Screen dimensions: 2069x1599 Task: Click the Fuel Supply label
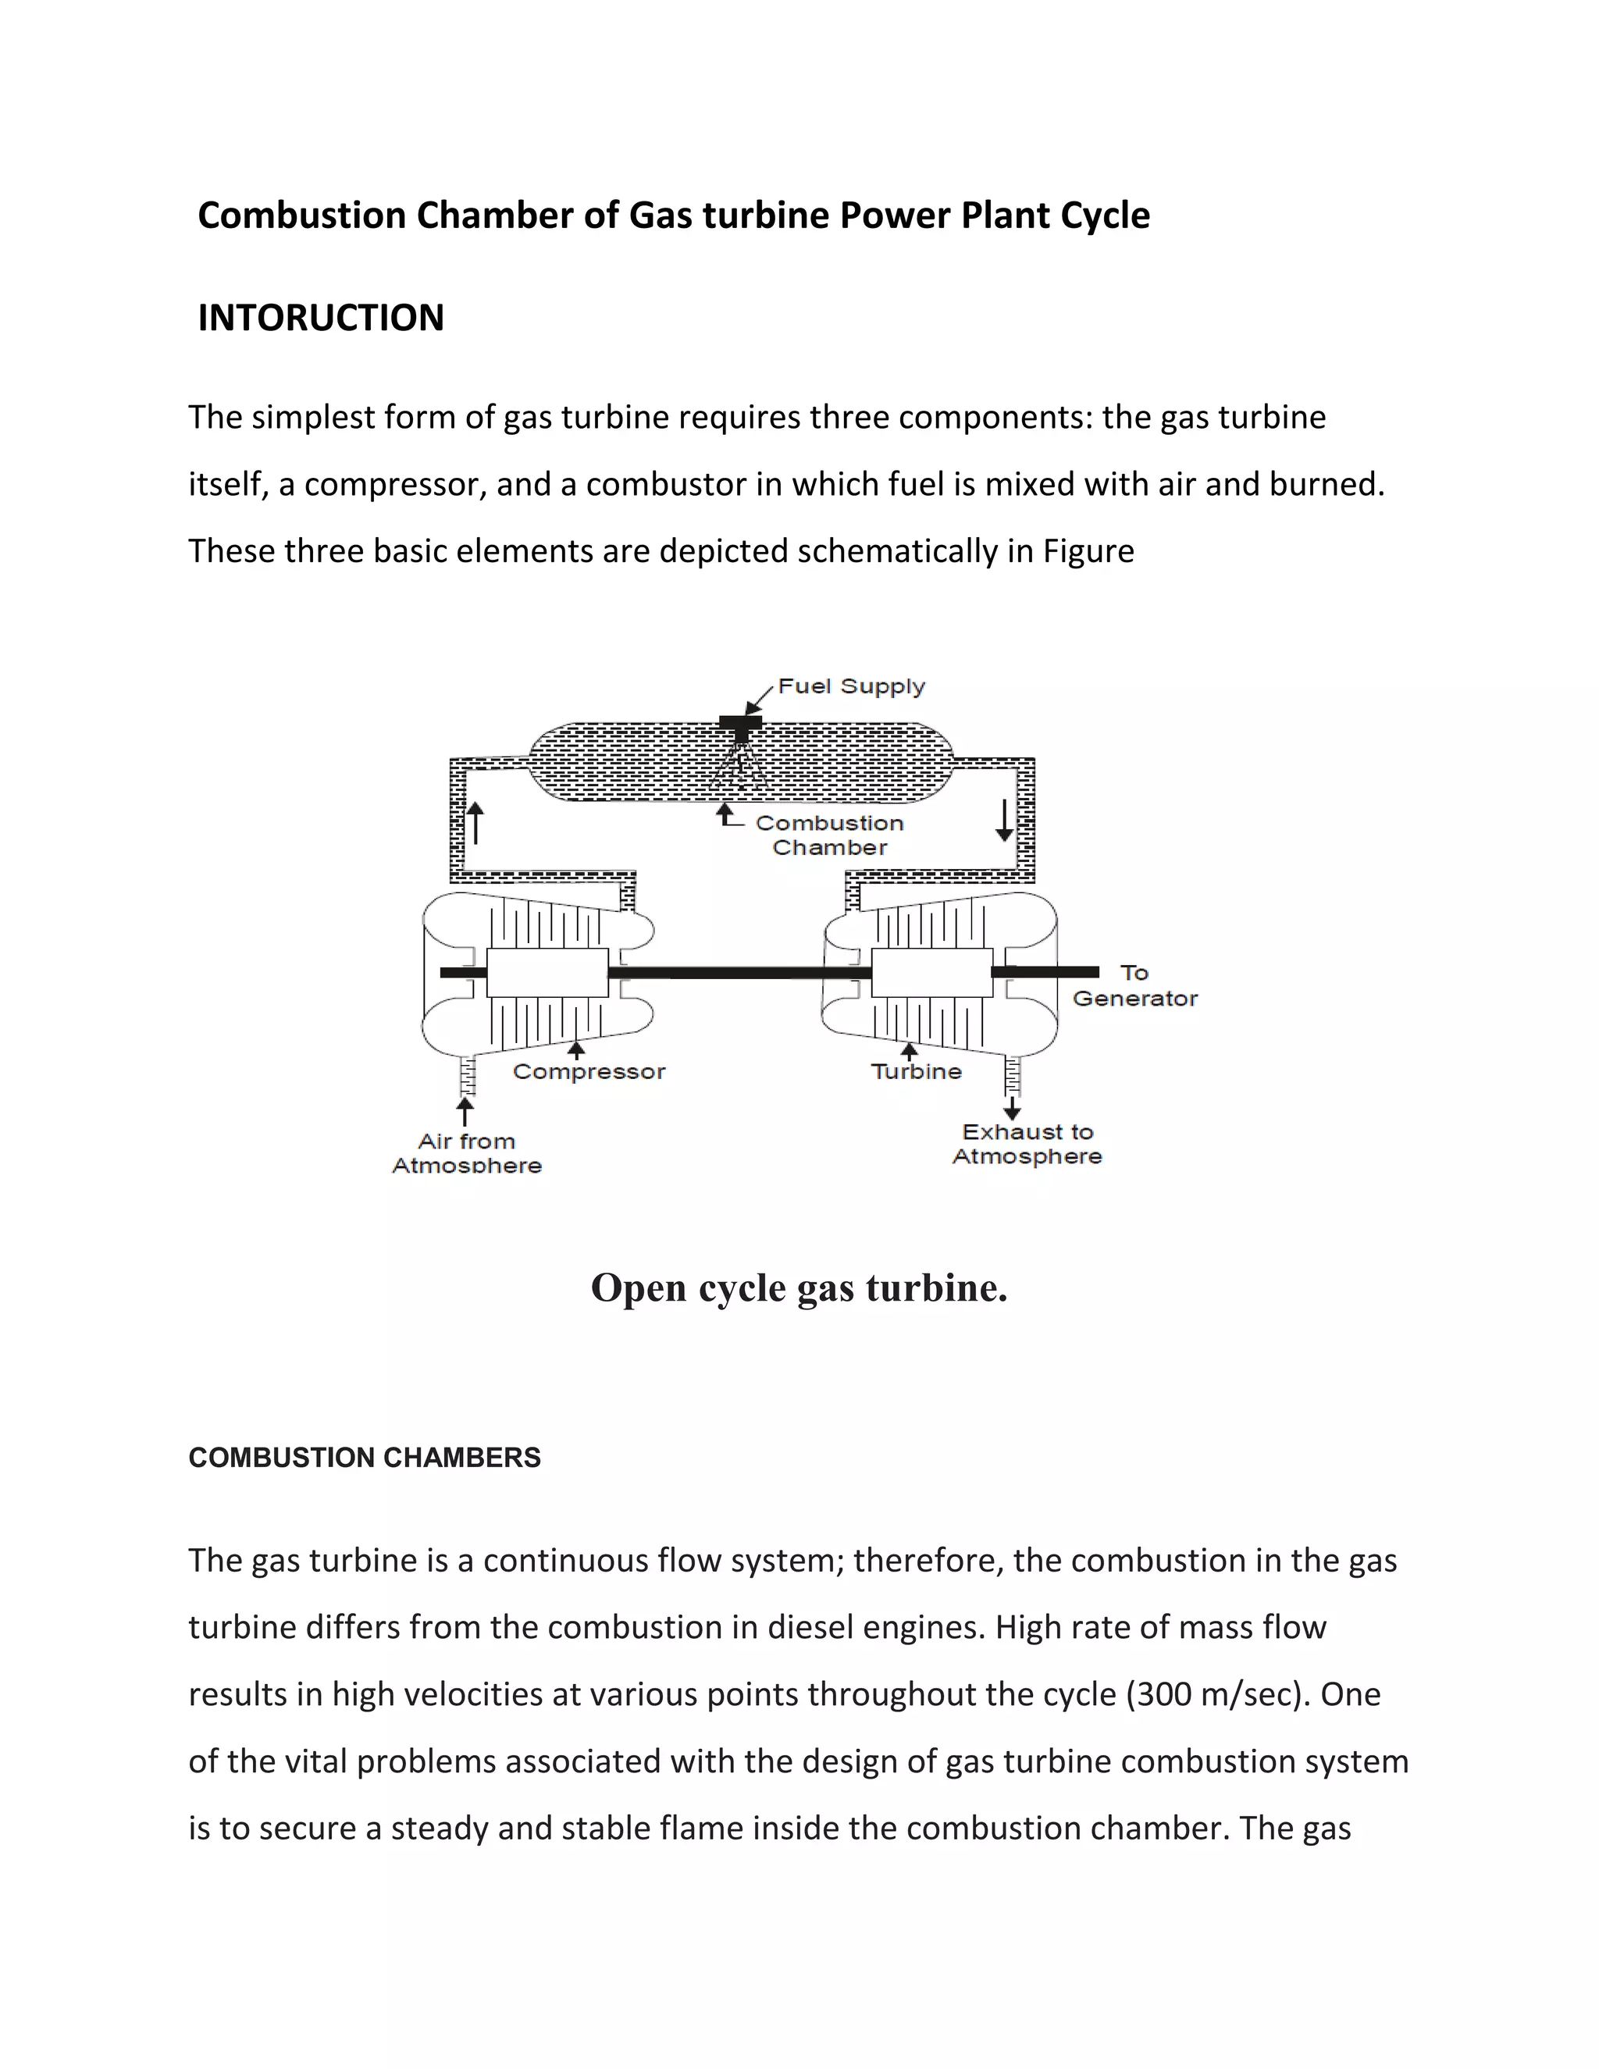[x=851, y=687]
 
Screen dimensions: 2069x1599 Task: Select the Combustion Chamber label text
[x=829, y=835]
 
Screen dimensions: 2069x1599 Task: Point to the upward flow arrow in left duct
[x=475, y=822]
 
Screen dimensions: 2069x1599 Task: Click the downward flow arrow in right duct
[x=1004, y=821]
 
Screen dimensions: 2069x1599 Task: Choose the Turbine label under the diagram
[x=916, y=1071]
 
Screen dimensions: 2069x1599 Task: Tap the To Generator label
[x=1134, y=985]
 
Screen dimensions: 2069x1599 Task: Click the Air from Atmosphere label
[x=467, y=1153]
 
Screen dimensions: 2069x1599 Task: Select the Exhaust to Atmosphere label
[x=1027, y=1144]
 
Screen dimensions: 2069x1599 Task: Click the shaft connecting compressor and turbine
[x=739, y=972]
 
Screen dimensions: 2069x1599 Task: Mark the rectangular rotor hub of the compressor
[x=547, y=973]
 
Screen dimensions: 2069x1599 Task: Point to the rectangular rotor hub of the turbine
[x=931, y=973]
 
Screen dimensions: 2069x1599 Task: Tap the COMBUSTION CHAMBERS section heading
[x=365, y=1458]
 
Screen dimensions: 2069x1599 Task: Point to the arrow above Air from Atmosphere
[x=465, y=1111]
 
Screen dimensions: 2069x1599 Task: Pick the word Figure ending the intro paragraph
[x=1088, y=551]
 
